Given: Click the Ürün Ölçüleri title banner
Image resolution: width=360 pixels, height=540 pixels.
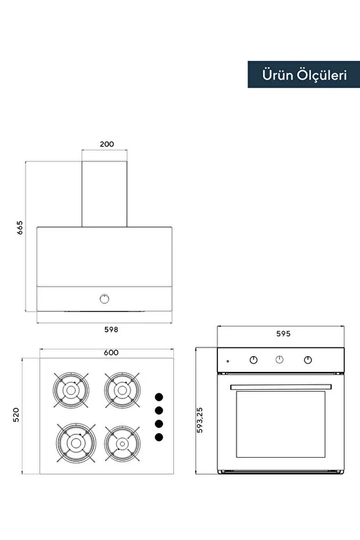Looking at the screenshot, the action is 304,74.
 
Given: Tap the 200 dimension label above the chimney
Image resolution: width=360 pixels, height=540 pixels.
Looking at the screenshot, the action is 107,144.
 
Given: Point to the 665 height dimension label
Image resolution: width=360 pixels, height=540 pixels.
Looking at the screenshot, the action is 20,227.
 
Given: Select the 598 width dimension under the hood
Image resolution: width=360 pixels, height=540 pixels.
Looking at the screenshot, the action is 111,329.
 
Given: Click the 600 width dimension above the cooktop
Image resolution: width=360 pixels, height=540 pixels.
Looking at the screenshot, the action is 111,352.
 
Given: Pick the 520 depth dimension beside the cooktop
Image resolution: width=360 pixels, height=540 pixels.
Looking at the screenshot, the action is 16,415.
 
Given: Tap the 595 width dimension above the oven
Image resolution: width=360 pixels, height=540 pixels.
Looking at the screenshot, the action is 283,334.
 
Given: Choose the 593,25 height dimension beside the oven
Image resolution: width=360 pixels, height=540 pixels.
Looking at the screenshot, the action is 199,420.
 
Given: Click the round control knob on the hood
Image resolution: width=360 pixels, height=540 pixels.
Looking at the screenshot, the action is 104,299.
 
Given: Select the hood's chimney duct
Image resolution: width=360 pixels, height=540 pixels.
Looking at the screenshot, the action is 104,194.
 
